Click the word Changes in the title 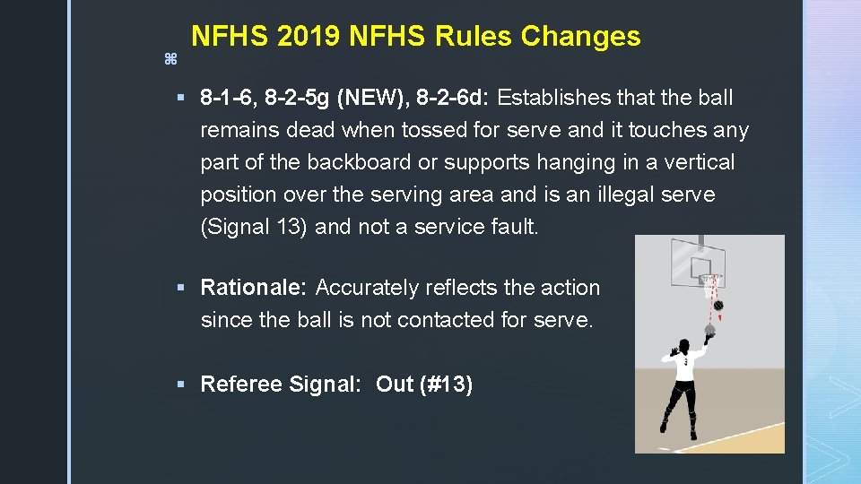580,37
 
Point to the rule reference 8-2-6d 455,98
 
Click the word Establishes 553,98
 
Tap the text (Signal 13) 255,227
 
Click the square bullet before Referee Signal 180,385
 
